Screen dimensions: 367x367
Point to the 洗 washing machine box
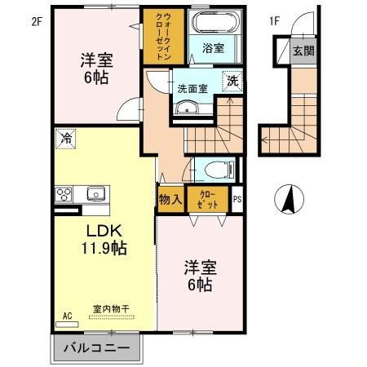pyautogui.click(x=232, y=81)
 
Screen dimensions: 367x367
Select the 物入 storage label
pyautogui.click(x=170, y=199)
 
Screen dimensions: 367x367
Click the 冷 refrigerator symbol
pyautogui.click(x=64, y=139)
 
